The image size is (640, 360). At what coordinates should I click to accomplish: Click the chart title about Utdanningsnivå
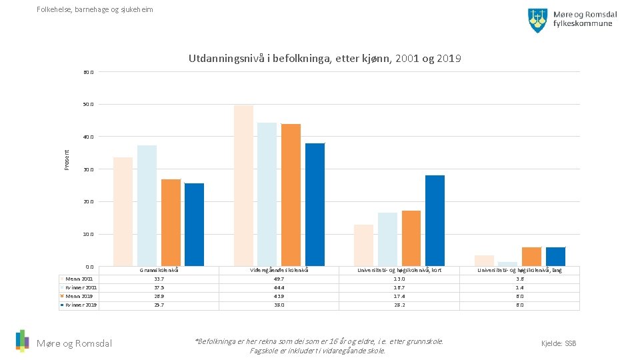[325, 59]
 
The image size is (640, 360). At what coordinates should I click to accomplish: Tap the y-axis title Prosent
[67, 158]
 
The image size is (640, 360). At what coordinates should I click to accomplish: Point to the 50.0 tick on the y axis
[89, 105]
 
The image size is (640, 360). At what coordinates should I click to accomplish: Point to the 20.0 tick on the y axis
[89, 202]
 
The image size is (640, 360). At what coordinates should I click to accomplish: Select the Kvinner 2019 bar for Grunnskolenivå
[194, 225]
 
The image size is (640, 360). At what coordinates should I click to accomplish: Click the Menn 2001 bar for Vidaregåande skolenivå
[243, 185]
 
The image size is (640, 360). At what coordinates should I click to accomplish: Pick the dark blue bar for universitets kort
[435, 221]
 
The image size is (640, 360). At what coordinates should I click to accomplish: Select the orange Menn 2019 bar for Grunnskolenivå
[171, 223]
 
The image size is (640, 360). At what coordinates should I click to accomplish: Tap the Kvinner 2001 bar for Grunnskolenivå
[147, 205]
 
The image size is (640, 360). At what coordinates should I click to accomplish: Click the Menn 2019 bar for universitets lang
[531, 257]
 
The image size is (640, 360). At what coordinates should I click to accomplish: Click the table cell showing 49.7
[279, 279]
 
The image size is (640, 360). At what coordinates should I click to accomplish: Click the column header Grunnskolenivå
[159, 270]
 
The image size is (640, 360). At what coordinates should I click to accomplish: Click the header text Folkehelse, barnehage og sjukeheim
[95, 9]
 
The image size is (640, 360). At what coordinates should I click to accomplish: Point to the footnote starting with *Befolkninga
[318, 346]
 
